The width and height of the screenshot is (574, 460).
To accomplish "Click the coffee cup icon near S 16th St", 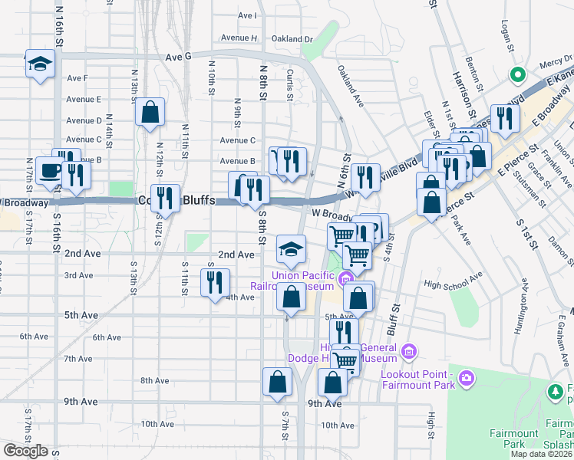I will [x=51, y=171].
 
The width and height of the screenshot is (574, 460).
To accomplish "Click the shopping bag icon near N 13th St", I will [x=150, y=111].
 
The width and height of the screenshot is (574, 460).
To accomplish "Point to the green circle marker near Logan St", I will [x=518, y=75].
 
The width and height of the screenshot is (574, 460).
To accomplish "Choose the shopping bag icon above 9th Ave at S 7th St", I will [x=277, y=382].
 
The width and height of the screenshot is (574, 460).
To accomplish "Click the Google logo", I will [x=25, y=451].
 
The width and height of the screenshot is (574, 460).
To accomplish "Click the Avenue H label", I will [x=239, y=38].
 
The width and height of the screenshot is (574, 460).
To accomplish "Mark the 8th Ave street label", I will [x=154, y=380].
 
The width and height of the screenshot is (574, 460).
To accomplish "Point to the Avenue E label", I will [x=84, y=100].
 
